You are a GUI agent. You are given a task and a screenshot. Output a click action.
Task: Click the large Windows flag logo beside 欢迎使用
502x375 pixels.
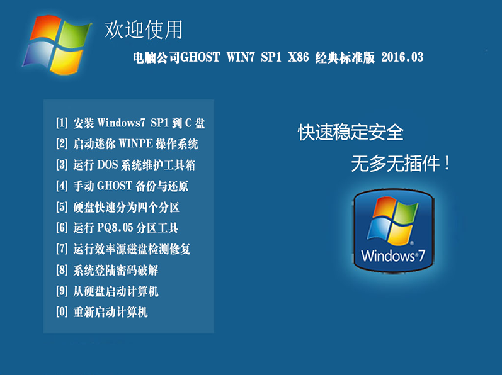point(56,45)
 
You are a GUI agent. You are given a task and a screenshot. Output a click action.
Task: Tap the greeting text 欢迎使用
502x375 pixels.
point(144,30)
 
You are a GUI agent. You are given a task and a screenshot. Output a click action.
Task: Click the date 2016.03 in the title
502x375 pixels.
point(402,57)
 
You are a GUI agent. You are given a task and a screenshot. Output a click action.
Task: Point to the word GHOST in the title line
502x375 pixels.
point(200,57)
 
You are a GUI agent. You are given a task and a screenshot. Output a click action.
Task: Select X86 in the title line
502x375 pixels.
point(299,57)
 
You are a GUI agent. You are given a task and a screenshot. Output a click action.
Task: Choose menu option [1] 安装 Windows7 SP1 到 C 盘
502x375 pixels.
point(130,123)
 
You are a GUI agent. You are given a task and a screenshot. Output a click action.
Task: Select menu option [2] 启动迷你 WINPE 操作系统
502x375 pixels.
point(127,144)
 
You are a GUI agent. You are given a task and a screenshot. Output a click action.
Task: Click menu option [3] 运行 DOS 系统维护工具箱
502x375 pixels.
point(125,165)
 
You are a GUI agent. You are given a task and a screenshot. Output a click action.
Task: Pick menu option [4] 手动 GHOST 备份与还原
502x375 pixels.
point(122,186)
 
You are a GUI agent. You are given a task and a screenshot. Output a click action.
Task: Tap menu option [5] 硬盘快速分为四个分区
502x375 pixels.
point(118,207)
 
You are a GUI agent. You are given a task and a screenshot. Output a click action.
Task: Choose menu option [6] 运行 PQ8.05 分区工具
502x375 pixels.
point(117,228)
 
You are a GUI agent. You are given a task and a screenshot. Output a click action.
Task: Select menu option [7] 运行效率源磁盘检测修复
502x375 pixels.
point(123,249)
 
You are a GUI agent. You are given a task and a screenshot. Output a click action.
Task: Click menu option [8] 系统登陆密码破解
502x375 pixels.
point(107,270)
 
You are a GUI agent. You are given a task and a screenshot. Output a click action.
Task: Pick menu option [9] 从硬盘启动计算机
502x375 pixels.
point(107,291)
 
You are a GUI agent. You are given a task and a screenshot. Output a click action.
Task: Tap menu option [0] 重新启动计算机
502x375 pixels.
point(102,312)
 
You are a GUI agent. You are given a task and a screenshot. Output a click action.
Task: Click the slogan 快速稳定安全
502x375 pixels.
point(351,132)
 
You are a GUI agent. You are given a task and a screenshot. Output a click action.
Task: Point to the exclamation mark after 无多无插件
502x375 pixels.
point(447,164)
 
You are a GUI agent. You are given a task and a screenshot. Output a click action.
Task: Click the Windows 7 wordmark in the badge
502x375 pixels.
point(393,255)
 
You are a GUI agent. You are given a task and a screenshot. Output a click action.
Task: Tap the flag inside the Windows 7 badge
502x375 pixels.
point(393,221)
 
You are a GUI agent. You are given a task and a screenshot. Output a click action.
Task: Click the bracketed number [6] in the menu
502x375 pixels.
point(62,228)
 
